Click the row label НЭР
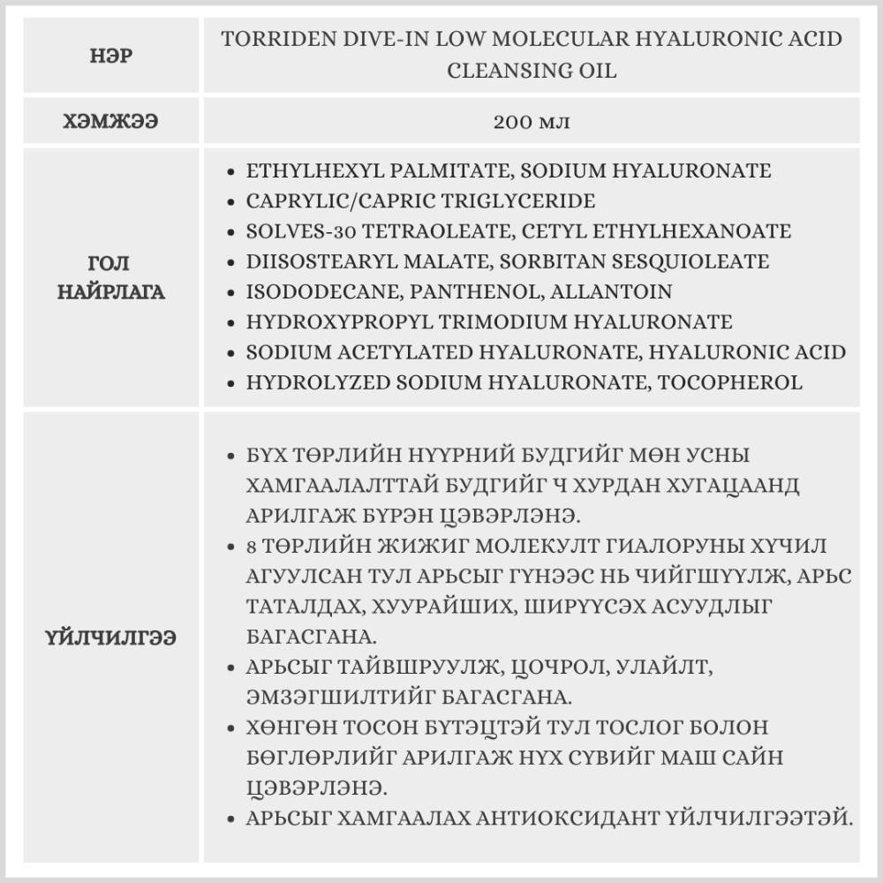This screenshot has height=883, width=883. [x=109, y=55]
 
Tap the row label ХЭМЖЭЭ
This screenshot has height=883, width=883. [x=109, y=121]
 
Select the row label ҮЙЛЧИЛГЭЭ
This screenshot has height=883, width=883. [x=109, y=638]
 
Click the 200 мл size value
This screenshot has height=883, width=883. [x=532, y=121]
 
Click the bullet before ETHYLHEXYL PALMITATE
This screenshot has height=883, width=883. [x=230, y=171]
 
